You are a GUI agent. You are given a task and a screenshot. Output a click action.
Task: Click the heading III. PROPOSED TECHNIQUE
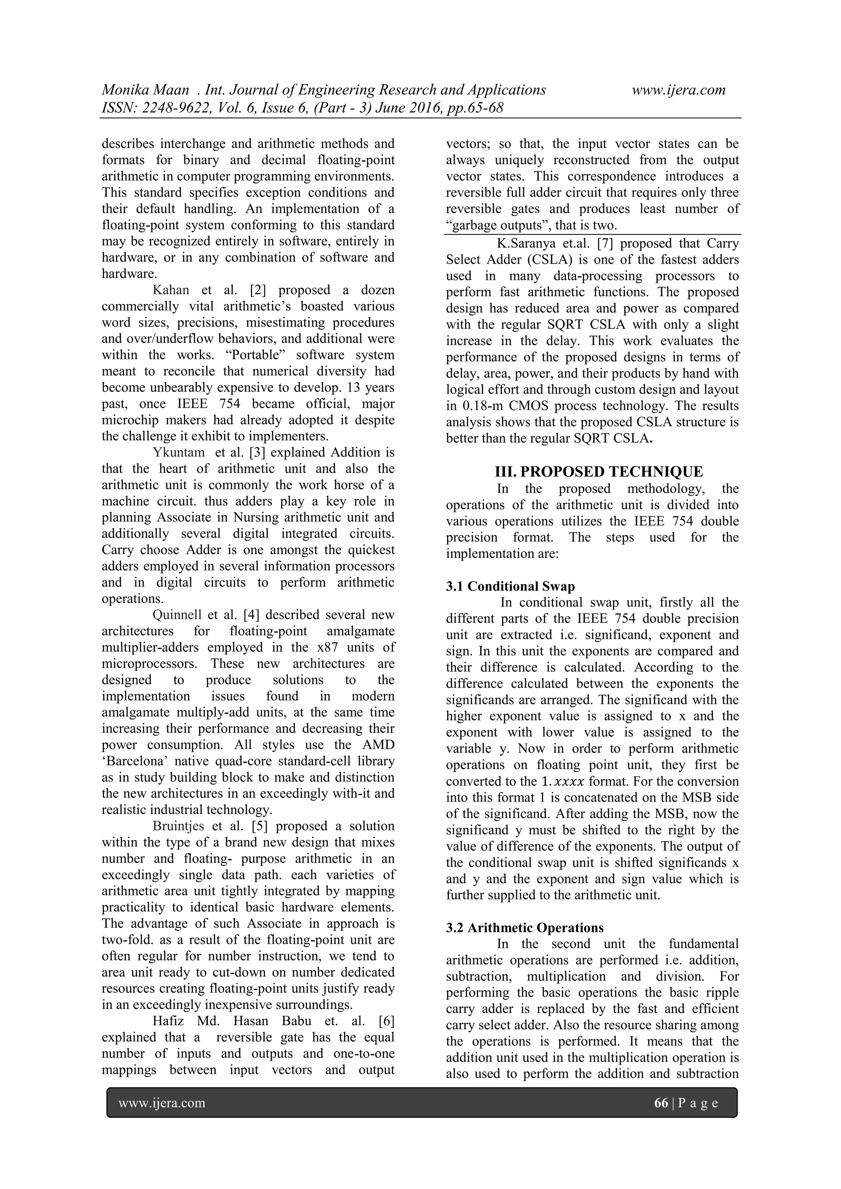pos(599,472)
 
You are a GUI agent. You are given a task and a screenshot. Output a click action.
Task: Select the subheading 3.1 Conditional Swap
pos(510,586)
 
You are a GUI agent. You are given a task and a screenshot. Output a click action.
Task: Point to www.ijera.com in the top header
pos(678,90)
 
